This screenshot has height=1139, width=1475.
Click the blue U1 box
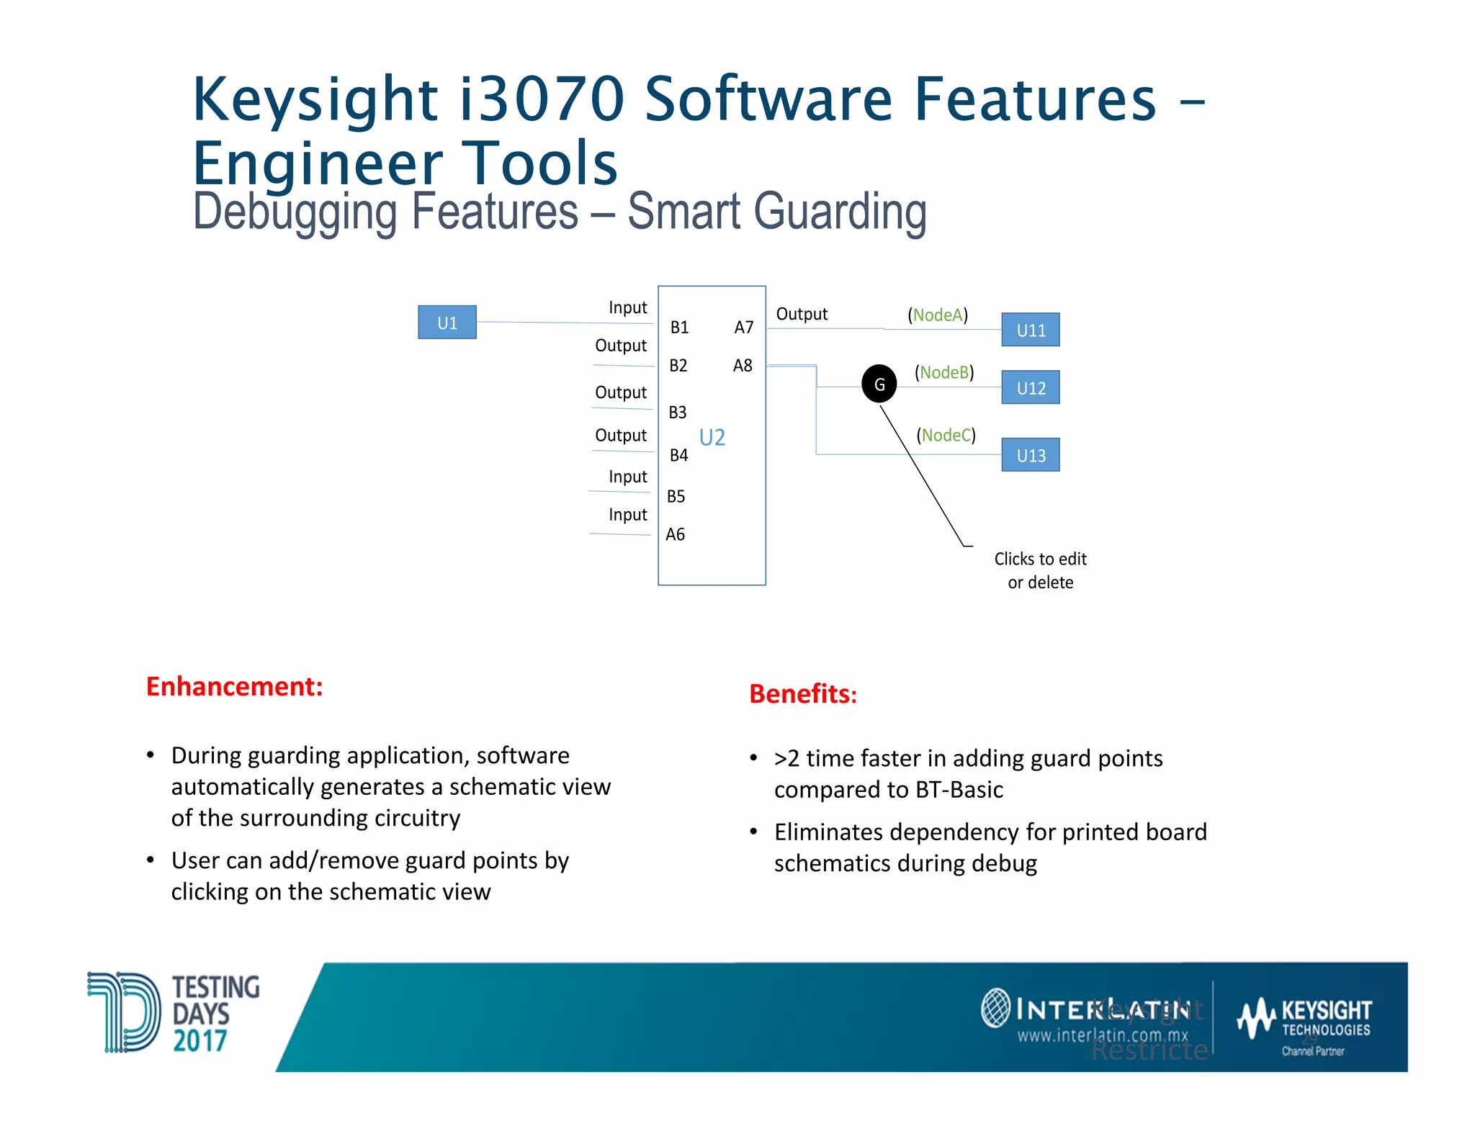click(447, 323)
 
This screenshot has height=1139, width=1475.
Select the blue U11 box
click(1030, 330)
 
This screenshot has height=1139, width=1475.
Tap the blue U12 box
click(1030, 387)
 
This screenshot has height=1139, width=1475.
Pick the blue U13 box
click(1030, 455)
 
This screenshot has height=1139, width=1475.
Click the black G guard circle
click(879, 384)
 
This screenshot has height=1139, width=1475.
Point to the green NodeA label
click(937, 315)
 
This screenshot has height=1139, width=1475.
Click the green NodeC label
click(946, 435)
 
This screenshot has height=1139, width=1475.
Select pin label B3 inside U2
click(677, 413)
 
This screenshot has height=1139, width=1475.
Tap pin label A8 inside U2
click(742, 366)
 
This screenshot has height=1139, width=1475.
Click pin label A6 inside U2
click(675, 534)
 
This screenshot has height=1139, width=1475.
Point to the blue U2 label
click(712, 437)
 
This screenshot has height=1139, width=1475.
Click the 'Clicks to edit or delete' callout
click(1039, 570)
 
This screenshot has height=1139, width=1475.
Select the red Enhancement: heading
click(234, 686)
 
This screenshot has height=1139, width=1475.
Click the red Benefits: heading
click(802, 693)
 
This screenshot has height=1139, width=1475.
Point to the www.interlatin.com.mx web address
click(1102, 1035)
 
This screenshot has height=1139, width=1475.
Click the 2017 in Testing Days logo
click(199, 1040)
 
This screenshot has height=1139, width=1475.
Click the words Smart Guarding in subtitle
click(776, 212)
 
